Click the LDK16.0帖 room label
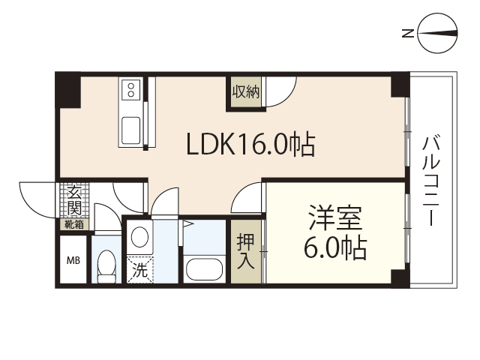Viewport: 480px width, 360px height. tap(250, 144)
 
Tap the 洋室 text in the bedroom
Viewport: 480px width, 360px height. tap(335, 220)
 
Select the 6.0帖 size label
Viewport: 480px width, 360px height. tap(335, 247)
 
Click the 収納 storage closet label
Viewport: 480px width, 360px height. tap(245, 93)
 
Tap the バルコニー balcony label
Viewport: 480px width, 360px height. tap(430, 180)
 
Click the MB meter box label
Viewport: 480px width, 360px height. tap(73, 261)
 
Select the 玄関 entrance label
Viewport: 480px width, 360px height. tap(73, 198)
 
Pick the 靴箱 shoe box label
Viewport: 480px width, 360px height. tap(73, 223)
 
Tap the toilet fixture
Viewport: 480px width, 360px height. tap(106, 266)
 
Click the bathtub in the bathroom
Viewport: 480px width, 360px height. tap(204, 269)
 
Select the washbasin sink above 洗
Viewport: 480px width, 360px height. tap(139, 238)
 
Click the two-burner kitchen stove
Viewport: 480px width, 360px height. tap(130, 91)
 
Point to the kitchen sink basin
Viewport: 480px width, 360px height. tap(130, 129)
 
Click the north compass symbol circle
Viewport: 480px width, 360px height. tap(439, 33)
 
